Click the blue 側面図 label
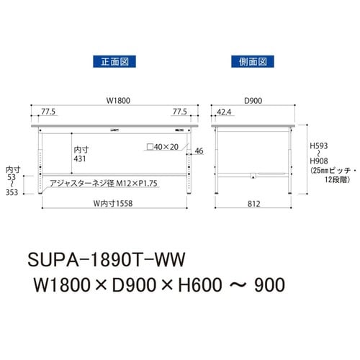pyautogui.click(x=248, y=61)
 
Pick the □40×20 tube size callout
pyautogui.click(x=163, y=146)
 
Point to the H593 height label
pyautogui.click(x=318, y=143)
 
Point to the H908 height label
pyautogui.click(x=318, y=162)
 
